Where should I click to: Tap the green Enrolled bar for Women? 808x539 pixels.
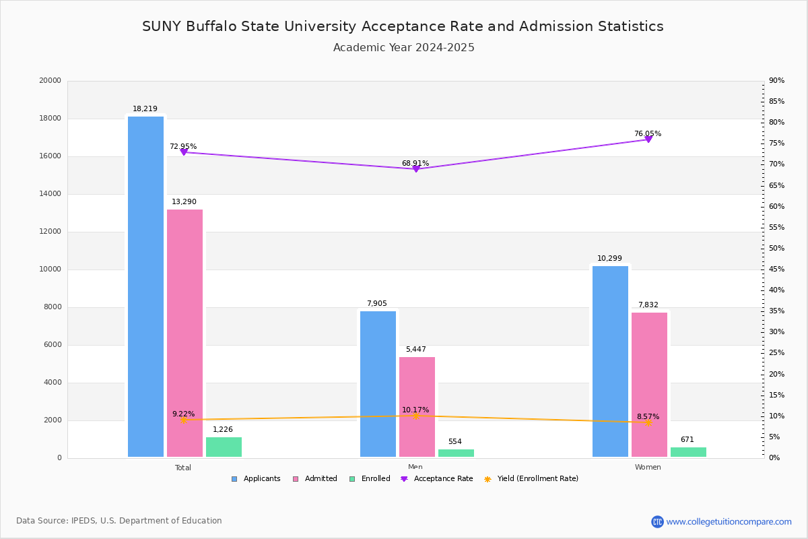(688, 452)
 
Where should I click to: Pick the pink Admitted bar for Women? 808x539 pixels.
(649, 385)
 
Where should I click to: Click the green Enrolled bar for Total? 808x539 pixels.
(224, 447)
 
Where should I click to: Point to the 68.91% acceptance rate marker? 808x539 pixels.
(416, 168)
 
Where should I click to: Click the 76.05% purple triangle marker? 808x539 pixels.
(648, 139)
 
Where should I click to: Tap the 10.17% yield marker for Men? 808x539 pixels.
(415, 416)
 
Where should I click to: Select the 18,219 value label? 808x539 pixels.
(145, 108)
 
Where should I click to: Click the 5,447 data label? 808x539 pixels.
(415, 349)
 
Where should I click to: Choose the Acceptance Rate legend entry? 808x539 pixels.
(437, 478)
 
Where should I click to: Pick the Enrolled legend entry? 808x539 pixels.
(370, 478)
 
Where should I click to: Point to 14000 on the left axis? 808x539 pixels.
(50, 194)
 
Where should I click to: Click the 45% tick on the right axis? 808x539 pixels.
(776, 269)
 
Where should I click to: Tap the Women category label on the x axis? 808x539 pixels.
(648, 467)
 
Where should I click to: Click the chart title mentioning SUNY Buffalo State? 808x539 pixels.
(403, 26)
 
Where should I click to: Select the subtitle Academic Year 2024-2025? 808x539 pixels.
(403, 48)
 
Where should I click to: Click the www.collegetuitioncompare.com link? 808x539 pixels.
(729, 521)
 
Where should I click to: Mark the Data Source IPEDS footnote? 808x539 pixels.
(119, 521)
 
